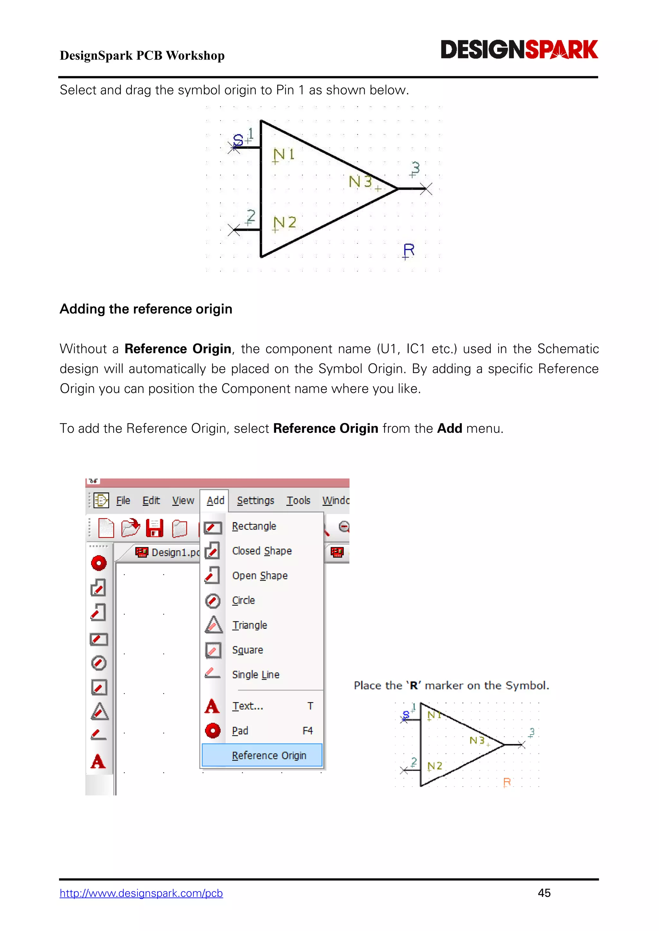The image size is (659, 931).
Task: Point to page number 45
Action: [544, 893]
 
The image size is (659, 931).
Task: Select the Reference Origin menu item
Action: [269, 755]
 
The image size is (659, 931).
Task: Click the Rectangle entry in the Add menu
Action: [254, 526]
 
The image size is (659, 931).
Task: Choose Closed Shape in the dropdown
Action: [262, 551]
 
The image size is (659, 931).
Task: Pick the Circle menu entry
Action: [244, 601]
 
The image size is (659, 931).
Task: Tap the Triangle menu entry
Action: [250, 625]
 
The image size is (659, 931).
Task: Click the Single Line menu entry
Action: [255, 675]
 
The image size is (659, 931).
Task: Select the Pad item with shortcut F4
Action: [240, 731]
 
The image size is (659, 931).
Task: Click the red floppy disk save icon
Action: [154, 528]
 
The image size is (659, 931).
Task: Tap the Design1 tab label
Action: [174, 552]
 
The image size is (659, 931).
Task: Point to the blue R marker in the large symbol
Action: [408, 250]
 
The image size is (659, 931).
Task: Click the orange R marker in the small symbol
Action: [506, 782]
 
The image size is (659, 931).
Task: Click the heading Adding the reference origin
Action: [146, 309]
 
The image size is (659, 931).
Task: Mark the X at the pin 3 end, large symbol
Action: [426, 189]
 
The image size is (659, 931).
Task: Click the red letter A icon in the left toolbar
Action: [98, 762]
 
